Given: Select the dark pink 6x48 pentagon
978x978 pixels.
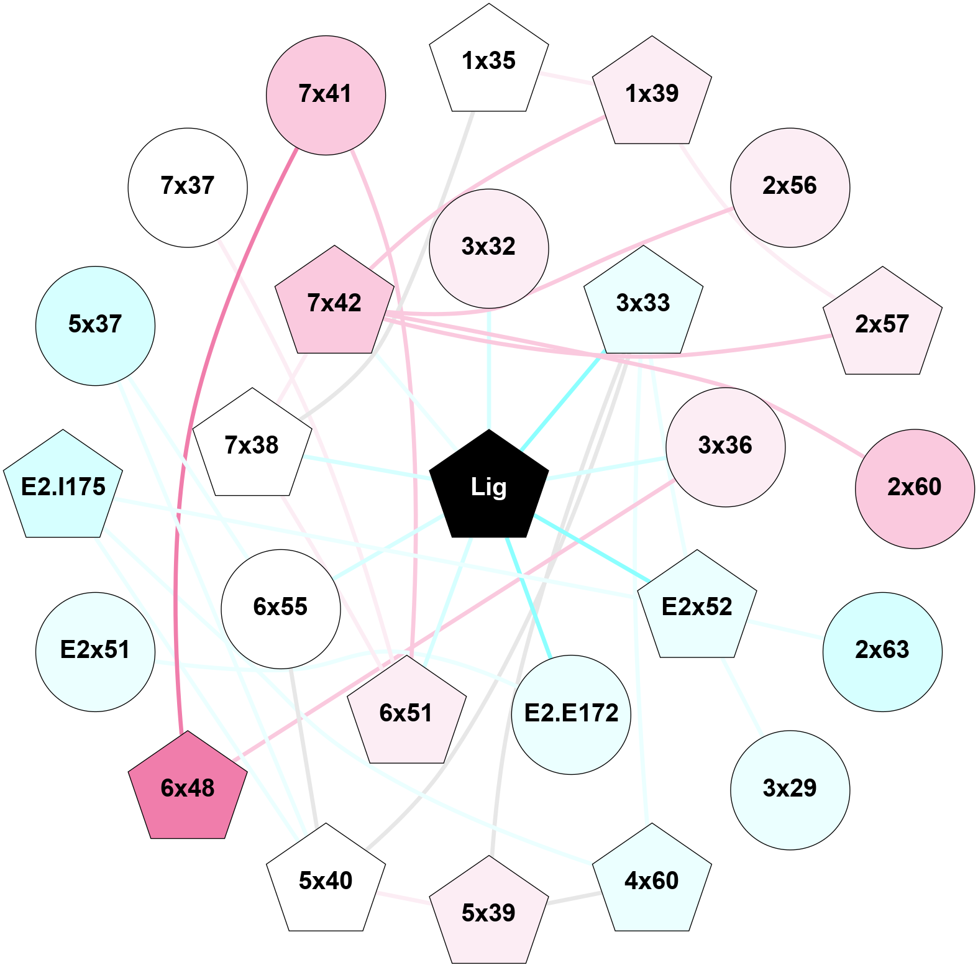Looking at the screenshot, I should point(188,788).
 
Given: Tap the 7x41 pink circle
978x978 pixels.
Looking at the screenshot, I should point(326,95).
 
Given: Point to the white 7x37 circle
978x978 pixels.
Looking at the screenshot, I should point(188,187).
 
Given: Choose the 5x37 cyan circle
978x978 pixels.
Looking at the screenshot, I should point(95,326).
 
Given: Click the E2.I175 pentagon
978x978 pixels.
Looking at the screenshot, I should point(63,487).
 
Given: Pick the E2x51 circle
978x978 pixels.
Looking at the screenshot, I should point(95,651).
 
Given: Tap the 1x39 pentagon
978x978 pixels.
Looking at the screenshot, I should point(652,94).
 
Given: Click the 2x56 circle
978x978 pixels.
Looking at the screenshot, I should point(790,187).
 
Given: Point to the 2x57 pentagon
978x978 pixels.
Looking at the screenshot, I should point(882,324).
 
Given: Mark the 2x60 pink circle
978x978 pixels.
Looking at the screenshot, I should point(915,488).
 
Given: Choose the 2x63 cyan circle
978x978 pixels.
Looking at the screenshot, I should point(882,651).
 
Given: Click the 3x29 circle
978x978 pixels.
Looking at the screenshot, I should point(790,790).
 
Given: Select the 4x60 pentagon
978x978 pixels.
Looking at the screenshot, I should point(652,880).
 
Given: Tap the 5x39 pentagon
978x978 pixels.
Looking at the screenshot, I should point(489,913).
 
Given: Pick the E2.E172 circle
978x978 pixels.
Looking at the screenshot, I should point(571,714).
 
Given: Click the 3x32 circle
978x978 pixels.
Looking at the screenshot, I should point(489,248).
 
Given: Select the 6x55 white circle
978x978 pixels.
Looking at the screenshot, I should point(281,608).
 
